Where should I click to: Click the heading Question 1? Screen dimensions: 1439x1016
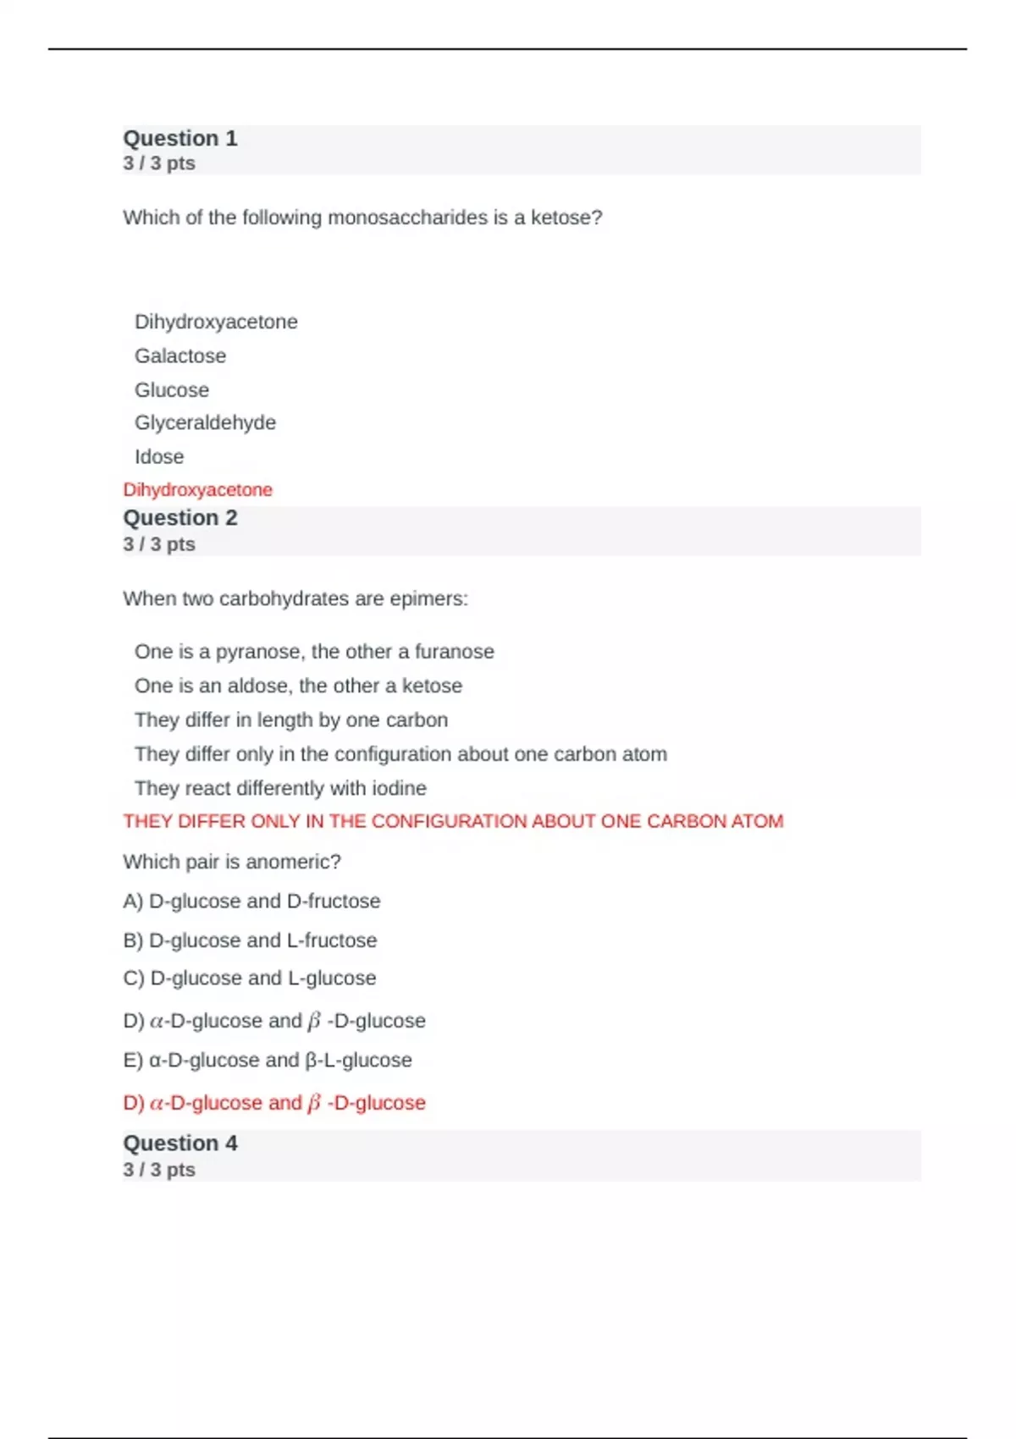tap(180, 138)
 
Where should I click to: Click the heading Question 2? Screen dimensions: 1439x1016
tap(180, 517)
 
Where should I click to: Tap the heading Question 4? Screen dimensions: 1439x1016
tap(180, 1143)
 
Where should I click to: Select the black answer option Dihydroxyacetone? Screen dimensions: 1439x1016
tap(216, 322)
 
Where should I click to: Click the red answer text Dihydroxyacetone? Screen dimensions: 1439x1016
tap(197, 489)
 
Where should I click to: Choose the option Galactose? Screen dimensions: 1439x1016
tap(180, 356)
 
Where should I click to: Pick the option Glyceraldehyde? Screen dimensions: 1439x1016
tap(205, 422)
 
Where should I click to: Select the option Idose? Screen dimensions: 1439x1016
tap(159, 456)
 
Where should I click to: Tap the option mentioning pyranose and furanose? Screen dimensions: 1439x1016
tap(314, 651)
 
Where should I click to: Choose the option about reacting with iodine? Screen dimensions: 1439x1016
tap(280, 788)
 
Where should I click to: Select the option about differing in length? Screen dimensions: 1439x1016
tap(291, 719)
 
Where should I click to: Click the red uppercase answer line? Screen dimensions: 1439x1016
tap(453, 821)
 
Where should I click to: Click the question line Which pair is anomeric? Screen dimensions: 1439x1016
tap(232, 862)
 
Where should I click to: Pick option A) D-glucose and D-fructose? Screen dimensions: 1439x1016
tap(251, 901)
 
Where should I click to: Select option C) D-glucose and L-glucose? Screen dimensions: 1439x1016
tap(250, 978)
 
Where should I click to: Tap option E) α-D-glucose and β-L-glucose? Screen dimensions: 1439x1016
tap(268, 1060)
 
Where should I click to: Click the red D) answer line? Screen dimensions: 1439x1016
tap(274, 1103)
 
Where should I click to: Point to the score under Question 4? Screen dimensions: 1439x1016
tap(159, 1169)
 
